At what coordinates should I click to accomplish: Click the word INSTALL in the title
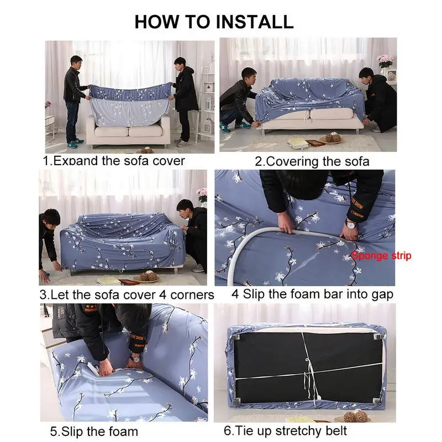(255, 22)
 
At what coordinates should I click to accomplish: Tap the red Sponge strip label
(381, 256)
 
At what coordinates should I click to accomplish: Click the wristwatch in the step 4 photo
(351, 225)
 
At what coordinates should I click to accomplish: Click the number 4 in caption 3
(162, 295)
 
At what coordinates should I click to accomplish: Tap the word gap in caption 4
(382, 295)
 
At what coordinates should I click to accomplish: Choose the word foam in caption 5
(123, 432)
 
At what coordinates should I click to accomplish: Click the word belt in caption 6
(336, 430)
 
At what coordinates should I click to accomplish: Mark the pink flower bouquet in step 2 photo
(385, 61)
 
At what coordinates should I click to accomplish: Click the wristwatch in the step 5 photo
(135, 360)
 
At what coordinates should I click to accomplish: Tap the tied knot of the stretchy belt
(307, 361)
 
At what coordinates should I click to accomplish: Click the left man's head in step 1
(76, 62)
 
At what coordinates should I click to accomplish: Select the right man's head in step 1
(180, 65)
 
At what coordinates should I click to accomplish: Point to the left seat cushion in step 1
(112, 131)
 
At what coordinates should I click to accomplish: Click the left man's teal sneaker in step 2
(225, 129)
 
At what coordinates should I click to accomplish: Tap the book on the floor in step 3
(109, 280)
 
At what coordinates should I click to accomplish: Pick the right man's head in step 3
(185, 209)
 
